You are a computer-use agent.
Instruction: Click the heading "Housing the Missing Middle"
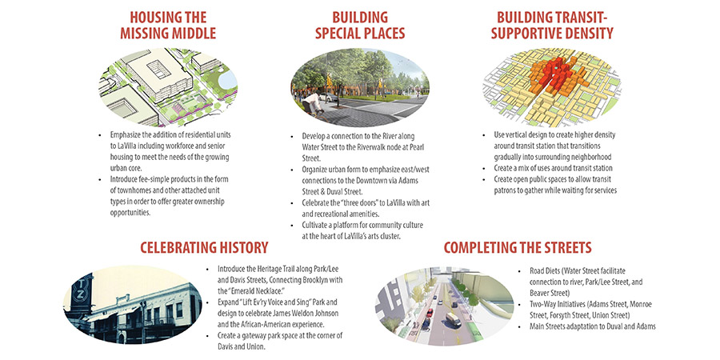pyautogui.click(x=168, y=26)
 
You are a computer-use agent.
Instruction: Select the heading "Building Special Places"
pyautogui.click(x=360, y=26)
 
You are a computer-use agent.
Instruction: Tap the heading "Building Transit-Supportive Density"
pyautogui.click(x=554, y=26)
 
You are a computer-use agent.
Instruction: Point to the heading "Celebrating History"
pyautogui.click(x=204, y=248)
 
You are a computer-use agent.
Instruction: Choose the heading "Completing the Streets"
pyautogui.click(x=518, y=248)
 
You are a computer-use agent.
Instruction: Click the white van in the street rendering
pyautogui.click(x=453, y=319)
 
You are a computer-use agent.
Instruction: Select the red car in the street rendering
pyautogui.click(x=430, y=313)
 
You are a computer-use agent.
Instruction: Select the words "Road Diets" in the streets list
pyautogui.click(x=544, y=271)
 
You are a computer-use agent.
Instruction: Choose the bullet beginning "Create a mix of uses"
pyautogui.click(x=554, y=168)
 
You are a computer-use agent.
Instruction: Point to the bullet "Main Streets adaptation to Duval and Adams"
pyautogui.click(x=593, y=326)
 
